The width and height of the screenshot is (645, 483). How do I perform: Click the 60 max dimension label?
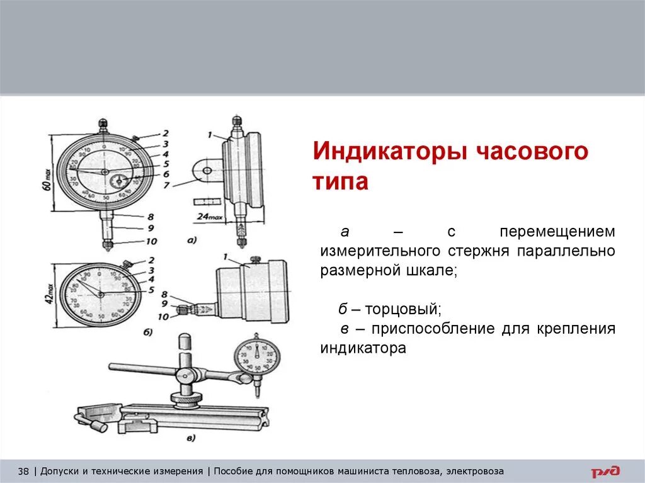[x=49, y=174]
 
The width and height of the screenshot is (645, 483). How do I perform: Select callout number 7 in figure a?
[x=166, y=186]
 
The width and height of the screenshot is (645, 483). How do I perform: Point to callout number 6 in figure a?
[x=166, y=174]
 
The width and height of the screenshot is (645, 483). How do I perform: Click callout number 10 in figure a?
[x=151, y=241]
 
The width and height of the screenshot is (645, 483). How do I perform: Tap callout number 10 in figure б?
[x=164, y=317]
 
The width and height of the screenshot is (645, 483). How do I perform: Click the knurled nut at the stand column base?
[x=187, y=400]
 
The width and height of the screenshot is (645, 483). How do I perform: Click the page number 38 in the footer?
[x=24, y=471]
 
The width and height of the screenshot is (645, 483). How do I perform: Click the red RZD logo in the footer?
[x=605, y=471]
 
